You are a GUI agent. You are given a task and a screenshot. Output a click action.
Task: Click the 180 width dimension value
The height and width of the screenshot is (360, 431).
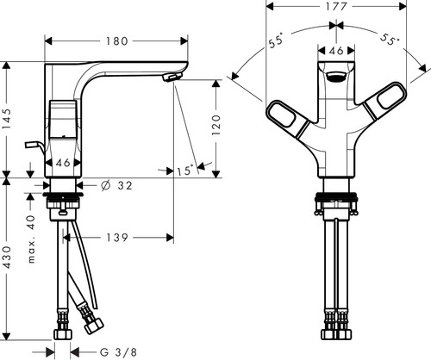coord(116,41)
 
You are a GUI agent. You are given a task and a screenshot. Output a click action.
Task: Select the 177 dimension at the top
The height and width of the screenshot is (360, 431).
coord(336,6)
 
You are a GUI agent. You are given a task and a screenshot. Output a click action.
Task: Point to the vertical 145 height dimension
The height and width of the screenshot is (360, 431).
coord(7,119)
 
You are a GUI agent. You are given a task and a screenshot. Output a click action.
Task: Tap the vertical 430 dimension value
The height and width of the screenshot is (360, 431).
coord(7,258)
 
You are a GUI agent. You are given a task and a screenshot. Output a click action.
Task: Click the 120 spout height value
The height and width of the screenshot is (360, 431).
coord(216,126)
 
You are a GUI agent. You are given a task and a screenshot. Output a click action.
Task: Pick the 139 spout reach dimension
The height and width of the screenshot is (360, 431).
coord(117,238)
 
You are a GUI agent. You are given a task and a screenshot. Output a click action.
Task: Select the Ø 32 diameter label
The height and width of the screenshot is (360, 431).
coord(116,186)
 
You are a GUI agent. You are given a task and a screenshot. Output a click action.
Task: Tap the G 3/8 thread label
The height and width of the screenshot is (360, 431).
coord(118,352)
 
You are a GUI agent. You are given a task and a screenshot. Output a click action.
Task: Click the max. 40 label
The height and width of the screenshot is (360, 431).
coord(31,239)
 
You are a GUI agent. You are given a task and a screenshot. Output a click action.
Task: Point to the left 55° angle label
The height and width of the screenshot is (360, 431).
coord(276,40)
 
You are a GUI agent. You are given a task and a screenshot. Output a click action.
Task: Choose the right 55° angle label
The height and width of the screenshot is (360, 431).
coord(390,39)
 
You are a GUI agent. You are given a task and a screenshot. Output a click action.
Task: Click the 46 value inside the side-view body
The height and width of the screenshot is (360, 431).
coord(63,163)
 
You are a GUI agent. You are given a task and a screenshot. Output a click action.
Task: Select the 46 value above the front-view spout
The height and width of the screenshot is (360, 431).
coord(336,51)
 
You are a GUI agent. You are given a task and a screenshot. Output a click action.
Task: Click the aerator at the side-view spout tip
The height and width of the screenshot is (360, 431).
coord(172,77)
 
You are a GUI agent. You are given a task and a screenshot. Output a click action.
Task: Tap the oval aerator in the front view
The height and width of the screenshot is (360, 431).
coord(336,77)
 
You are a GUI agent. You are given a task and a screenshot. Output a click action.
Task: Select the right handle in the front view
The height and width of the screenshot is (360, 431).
coord(385,100)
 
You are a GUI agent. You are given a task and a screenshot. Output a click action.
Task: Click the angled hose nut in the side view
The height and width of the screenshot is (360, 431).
coord(93,326)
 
